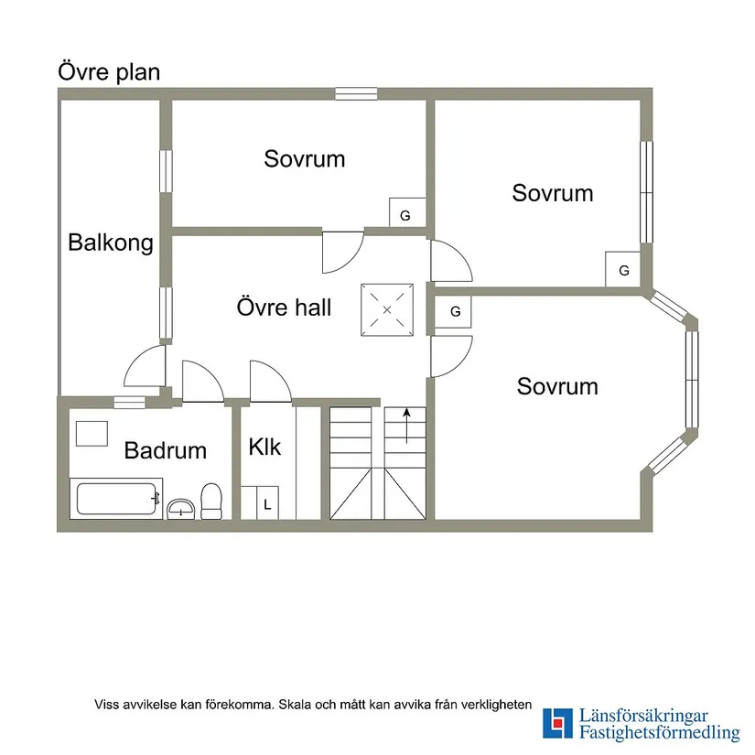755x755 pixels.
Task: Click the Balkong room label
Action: point(111,243)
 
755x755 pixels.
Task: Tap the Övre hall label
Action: point(284,307)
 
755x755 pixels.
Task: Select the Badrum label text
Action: point(165,450)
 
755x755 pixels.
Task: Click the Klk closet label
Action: point(264,447)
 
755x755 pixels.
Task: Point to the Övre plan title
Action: point(109,72)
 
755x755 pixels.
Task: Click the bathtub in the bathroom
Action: point(116,499)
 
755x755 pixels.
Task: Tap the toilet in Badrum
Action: point(210,502)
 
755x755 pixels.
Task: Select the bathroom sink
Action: point(180,509)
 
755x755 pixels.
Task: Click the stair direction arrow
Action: point(407,426)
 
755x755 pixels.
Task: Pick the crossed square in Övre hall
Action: point(387,309)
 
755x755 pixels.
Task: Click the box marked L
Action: point(267,502)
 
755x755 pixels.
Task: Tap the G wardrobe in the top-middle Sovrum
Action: point(407,212)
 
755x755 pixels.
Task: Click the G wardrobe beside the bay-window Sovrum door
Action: point(453,312)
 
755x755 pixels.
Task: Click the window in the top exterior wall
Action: point(356,93)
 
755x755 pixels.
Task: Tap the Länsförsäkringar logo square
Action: point(557,723)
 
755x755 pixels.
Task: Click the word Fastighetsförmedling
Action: point(659,733)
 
